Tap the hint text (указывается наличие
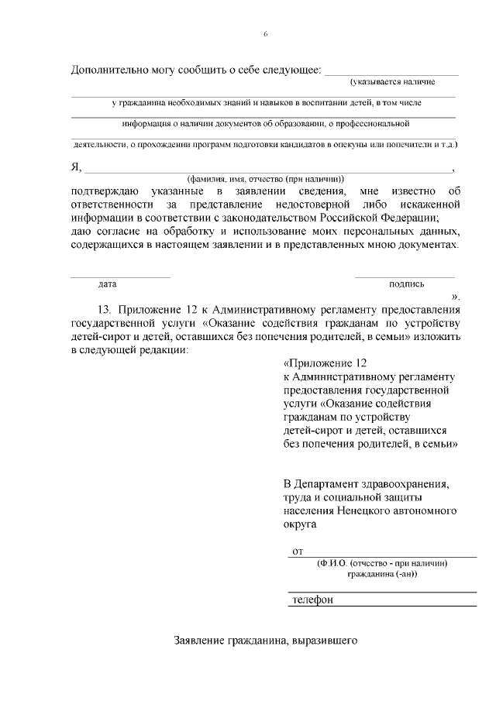point(392,81)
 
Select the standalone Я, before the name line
point(75,167)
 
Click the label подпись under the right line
point(406,283)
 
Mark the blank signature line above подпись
point(405,277)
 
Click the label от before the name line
point(296,551)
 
